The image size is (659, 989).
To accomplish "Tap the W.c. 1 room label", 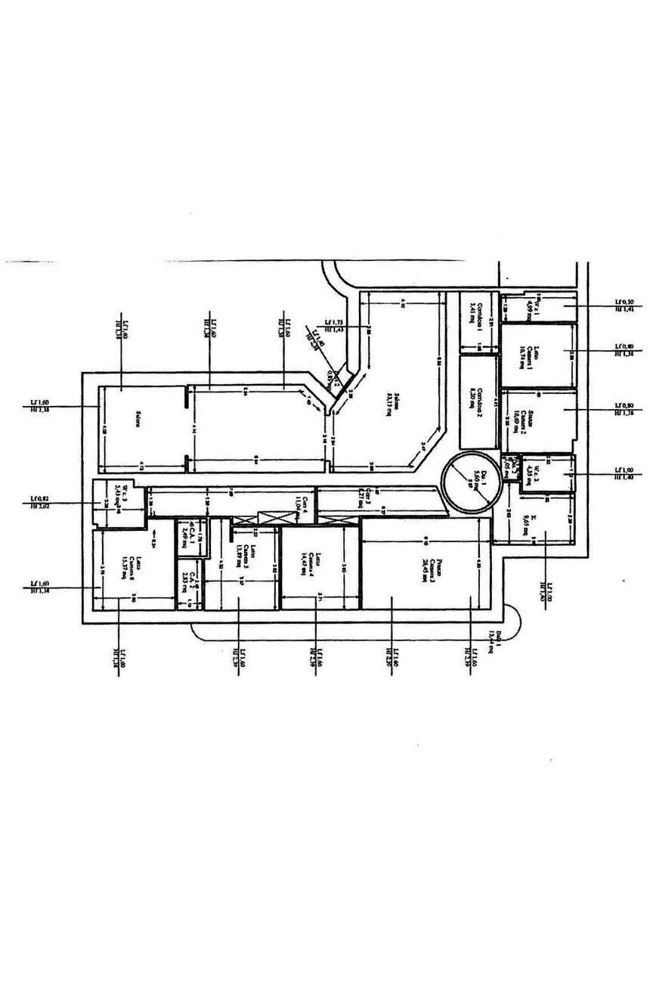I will tap(533, 306).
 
